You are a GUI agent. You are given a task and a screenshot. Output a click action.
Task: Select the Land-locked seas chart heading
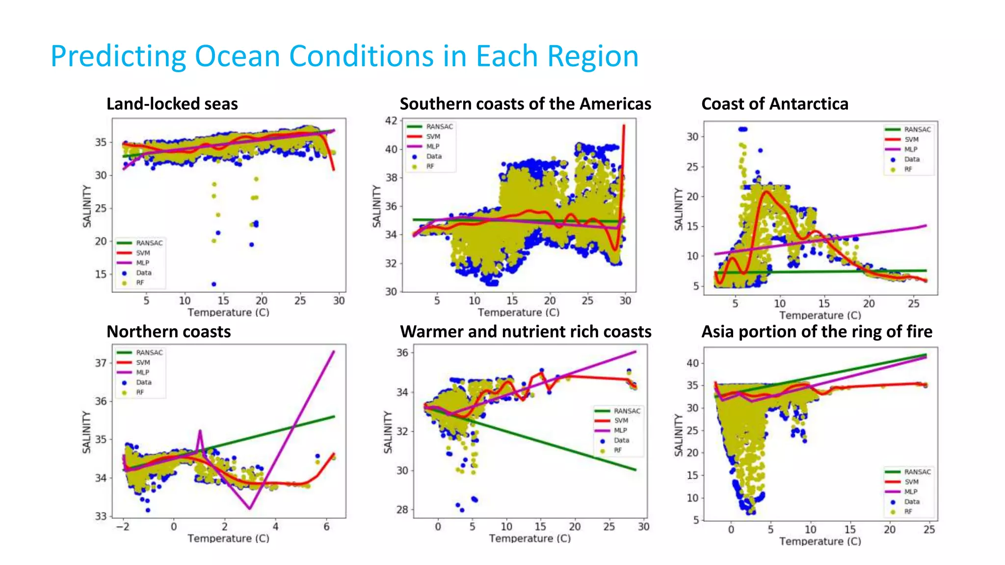pyautogui.click(x=172, y=104)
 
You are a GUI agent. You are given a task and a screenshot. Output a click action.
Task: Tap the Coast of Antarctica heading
pyautogui.click(x=774, y=104)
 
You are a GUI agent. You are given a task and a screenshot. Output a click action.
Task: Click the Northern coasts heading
pyautogui.click(x=168, y=332)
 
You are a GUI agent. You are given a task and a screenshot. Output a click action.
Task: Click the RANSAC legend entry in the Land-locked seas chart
pyautogui.click(x=149, y=243)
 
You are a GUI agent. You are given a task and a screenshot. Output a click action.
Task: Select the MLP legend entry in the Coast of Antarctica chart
pyautogui.click(x=910, y=150)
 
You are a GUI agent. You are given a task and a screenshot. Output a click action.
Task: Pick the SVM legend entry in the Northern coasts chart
pyautogui.click(x=143, y=362)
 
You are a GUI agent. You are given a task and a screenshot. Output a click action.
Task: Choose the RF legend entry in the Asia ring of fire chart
pyautogui.click(x=908, y=512)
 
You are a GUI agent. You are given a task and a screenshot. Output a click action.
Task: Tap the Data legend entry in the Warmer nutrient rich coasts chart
pyautogui.click(x=621, y=440)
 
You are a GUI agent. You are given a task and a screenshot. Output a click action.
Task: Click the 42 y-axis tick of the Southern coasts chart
pyautogui.click(x=391, y=121)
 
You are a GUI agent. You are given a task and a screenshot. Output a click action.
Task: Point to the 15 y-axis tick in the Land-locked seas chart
pyautogui.click(x=101, y=274)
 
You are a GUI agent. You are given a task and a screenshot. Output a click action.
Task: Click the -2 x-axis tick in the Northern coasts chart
pyautogui.click(x=123, y=527)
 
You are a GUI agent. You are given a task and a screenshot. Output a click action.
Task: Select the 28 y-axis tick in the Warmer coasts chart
pyautogui.click(x=402, y=510)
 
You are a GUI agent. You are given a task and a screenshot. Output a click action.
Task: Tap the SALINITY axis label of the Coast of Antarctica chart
pyautogui.click(x=679, y=209)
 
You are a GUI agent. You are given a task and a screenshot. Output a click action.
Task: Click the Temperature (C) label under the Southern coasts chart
pyautogui.click(x=518, y=312)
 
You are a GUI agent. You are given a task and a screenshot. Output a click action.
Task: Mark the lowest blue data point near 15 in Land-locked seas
pyautogui.click(x=214, y=284)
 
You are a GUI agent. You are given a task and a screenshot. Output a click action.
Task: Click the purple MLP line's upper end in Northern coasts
pyautogui.click(x=334, y=352)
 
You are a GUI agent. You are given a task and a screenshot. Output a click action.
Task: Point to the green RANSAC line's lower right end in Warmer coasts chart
pyautogui.click(x=635, y=470)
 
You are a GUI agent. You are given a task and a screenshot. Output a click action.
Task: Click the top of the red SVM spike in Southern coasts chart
pyautogui.click(x=624, y=126)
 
